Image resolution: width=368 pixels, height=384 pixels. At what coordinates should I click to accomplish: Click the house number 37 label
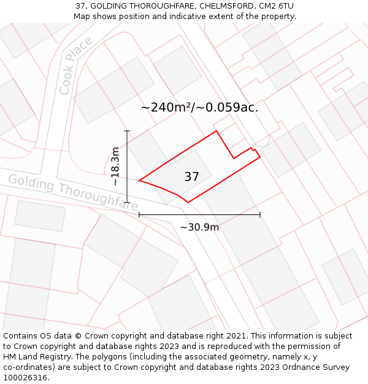191,177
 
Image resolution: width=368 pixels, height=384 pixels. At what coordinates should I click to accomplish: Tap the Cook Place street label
77,66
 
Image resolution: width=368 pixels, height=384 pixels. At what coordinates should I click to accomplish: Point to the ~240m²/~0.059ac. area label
199,108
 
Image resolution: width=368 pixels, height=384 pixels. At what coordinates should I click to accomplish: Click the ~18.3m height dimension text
115,167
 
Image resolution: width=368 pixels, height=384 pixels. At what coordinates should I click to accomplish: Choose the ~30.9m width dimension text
199,227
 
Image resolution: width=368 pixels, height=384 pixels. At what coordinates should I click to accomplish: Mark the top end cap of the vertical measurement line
127,131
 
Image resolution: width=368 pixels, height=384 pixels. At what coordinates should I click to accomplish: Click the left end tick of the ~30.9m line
139,214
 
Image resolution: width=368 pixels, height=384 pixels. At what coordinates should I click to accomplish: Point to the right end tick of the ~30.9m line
260,214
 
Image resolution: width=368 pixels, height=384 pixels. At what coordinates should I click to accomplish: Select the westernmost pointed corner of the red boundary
140,181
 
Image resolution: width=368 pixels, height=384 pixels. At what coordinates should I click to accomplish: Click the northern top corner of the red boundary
216,131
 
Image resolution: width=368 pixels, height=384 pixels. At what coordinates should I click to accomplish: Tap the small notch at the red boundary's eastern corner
253,149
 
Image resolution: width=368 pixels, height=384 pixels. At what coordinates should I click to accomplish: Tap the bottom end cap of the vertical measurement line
127,202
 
